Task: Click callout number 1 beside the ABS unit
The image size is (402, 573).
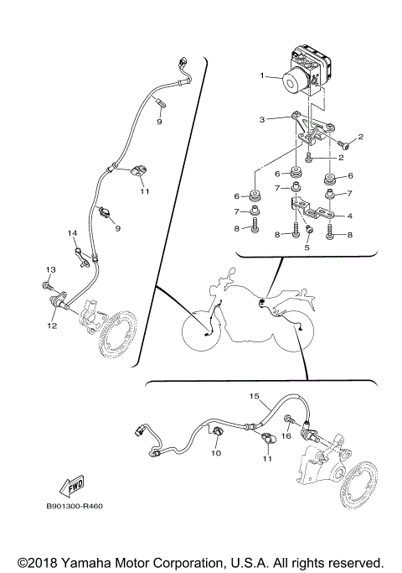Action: (x=262, y=76)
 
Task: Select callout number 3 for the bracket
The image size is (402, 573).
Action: (x=262, y=120)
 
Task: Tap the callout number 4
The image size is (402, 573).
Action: (x=349, y=216)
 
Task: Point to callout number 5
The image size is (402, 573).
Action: (x=307, y=248)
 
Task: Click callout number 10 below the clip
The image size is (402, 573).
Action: (x=215, y=453)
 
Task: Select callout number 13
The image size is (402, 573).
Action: (x=49, y=268)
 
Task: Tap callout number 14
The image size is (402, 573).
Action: (x=72, y=232)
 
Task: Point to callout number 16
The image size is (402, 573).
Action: (x=286, y=436)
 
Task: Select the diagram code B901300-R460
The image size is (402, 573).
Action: (x=76, y=506)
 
